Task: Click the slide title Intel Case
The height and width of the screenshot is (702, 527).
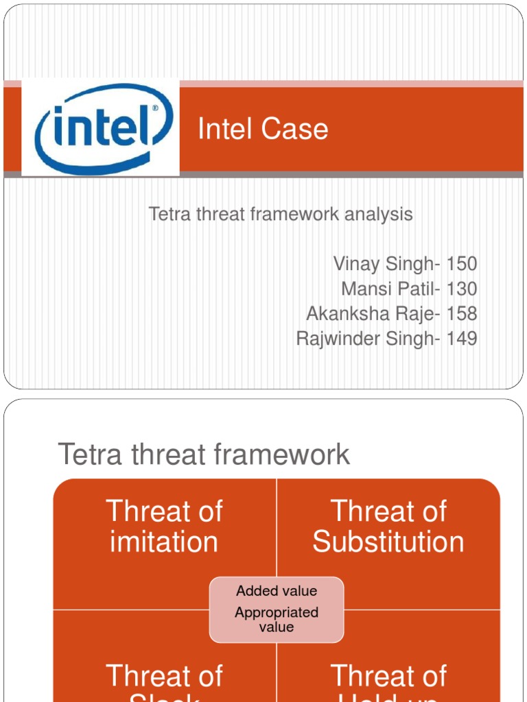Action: [x=263, y=129]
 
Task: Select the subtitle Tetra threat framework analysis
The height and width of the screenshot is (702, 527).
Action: [x=281, y=214]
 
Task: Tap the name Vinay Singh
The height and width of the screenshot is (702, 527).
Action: [x=384, y=264]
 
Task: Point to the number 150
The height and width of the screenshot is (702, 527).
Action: [x=462, y=264]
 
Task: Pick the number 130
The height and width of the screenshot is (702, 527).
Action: [x=462, y=289]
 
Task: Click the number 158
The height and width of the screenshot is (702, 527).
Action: [x=462, y=313]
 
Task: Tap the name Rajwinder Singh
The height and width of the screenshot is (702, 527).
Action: [x=365, y=338]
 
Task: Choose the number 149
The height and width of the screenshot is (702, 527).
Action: [x=462, y=338]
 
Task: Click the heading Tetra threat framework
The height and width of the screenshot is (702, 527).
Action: [x=204, y=455]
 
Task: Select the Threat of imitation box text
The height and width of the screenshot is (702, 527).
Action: [x=164, y=526]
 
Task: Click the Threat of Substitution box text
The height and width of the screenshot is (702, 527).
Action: [x=388, y=526]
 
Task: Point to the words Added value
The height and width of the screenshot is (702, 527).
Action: [x=277, y=591]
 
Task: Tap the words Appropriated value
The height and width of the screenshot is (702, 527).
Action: [x=277, y=619]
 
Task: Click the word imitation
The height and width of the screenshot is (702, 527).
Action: [x=164, y=542]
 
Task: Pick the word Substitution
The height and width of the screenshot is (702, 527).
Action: [x=388, y=542]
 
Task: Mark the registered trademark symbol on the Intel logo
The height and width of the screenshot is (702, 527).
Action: [x=154, y=108]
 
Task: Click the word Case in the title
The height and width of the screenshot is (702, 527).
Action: [x=298, y=129]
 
